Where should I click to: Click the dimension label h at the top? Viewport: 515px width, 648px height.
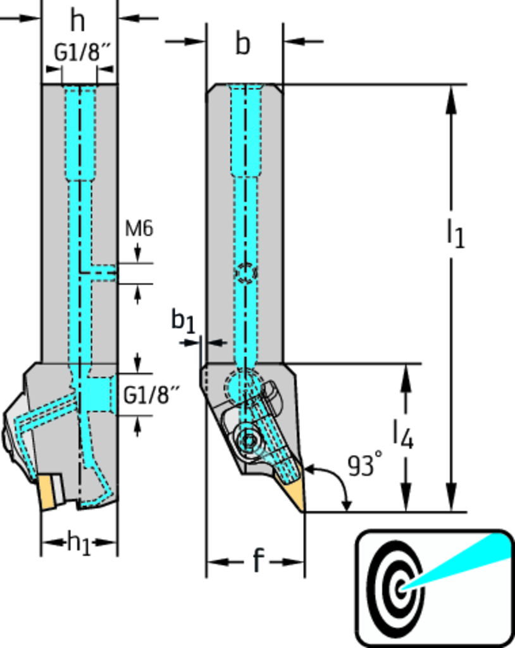coord(77,21)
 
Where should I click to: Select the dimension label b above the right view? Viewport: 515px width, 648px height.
coord(243,45)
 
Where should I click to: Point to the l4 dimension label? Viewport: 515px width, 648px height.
coord(403,435)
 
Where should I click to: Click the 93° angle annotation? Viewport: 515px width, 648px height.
coord(366,466)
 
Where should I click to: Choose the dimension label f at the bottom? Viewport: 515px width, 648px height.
coord(257,561)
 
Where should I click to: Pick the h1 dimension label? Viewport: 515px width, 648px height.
coord(79,544)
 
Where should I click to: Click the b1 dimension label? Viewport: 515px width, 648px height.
coord(183,321)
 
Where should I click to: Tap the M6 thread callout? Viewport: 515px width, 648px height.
coord(139,228)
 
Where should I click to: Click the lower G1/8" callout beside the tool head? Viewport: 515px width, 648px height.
coord(151,396)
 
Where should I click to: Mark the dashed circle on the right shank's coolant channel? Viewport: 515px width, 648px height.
coord(245,273)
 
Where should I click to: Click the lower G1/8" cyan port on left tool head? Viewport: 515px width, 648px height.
coord(99,394)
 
